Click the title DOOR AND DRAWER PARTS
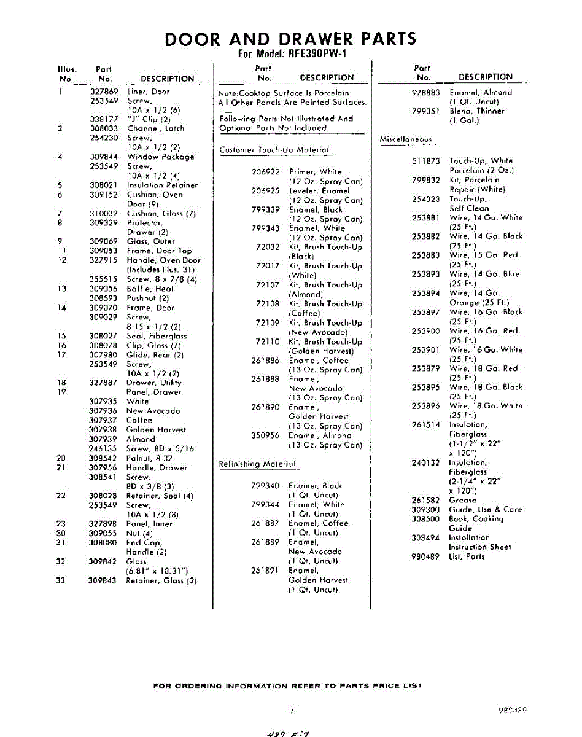tap(290, 39)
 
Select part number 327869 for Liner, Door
tap(104, 91)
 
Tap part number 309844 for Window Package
tap(104, 157)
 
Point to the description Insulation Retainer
tap(163, 185)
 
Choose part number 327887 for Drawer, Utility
tap(104, 383)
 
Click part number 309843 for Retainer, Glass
tap(104, 580)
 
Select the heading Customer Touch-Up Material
tap(274, 150)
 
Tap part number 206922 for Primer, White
tap(266, 171)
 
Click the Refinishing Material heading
tap(257, 464)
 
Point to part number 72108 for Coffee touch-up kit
tap(268, 303)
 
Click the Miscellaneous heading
tap(405, 139)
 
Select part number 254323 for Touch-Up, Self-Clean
tap(426, 199)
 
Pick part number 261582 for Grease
tap(426, 500)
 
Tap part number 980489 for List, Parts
tap(426, 556)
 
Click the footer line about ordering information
tap(287, 685)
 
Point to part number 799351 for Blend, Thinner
tap(426, 111)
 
